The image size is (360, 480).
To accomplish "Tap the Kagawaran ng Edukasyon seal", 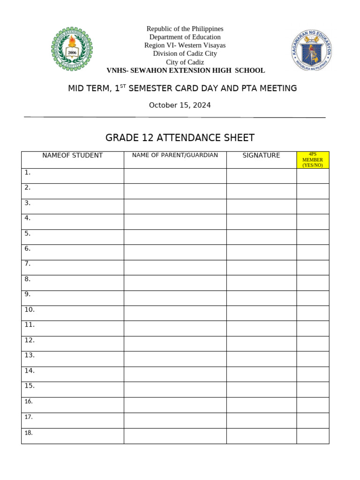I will [312, 51].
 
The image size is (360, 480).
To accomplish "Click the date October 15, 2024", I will [180, 105].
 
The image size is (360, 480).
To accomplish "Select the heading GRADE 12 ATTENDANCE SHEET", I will [180, 138].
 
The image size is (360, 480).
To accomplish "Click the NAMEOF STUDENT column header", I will [73, 156].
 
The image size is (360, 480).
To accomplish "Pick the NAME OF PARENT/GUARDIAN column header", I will [175, 155].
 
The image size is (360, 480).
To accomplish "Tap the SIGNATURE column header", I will [261, 156].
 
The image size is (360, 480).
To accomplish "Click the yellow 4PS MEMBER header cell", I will [313, 159].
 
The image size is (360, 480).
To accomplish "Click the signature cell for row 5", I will [261, 237].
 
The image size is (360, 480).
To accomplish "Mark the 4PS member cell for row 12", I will [313, 344].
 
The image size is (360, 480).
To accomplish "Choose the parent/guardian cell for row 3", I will [175, 206].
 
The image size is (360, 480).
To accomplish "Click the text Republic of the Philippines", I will [185, 29].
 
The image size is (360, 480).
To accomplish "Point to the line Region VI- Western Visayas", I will [185, 45].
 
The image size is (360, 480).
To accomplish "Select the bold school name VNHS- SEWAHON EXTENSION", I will [186, 71].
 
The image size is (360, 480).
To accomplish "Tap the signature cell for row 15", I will [261, 390].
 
